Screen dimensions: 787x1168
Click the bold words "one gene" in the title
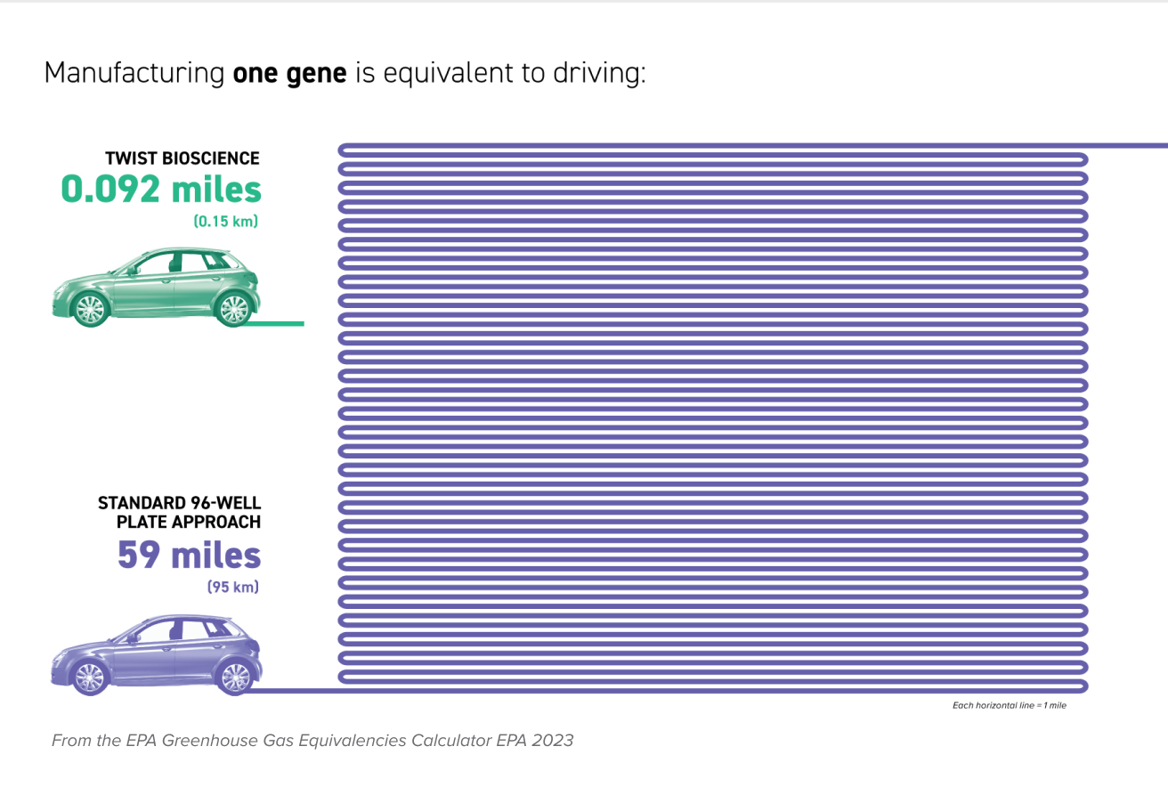[x=289, y=73]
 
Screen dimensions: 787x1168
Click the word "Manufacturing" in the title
[x=134, y=73]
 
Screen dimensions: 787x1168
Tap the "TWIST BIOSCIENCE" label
[x=182, y=158]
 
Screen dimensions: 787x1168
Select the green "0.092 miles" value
[x=161, y=189]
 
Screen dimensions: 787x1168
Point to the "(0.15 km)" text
[x=226, y=222]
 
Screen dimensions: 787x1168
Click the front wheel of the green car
[x=89, y=309]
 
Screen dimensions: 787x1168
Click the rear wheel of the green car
[x=234, y=308]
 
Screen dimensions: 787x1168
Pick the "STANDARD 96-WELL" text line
[x=180, y=504]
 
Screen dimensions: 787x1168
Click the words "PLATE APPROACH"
[x=189, y=522]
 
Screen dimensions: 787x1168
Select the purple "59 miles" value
[x=190, y=556]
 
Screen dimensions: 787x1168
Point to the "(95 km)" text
[x=233, y=588]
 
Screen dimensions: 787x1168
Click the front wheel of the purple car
[x=89, y=677]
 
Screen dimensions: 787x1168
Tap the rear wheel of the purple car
[x=234, y=676]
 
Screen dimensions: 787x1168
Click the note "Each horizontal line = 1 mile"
[x=1010, y=706]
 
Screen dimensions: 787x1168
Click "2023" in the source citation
[x=554, y=740]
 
